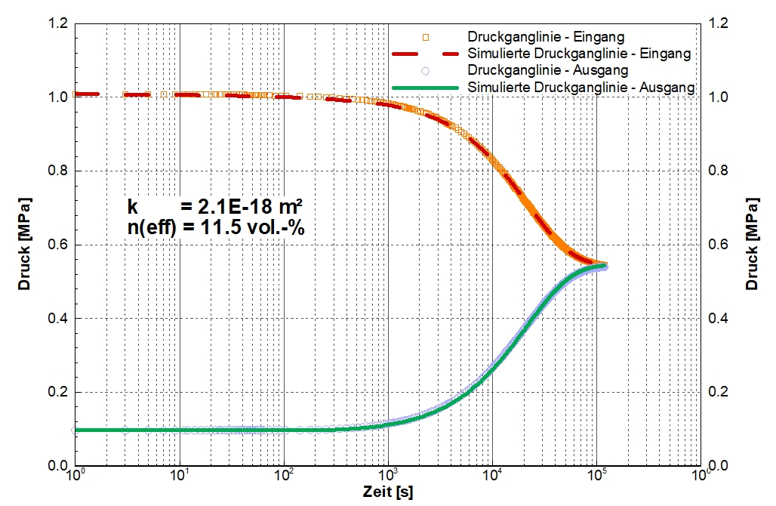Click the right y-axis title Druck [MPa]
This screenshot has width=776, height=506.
coord(752,245)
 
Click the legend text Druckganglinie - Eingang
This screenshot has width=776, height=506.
coord(545,36)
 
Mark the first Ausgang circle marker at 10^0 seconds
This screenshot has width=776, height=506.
coord(75,430)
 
